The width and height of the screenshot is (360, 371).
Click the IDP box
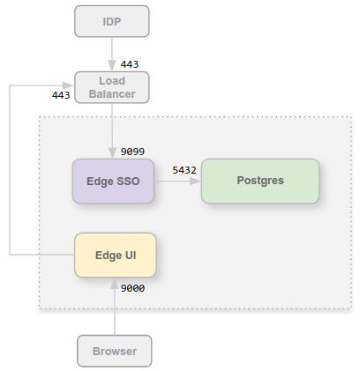112,21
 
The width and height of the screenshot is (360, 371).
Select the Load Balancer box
112,87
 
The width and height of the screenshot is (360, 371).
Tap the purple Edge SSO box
113,181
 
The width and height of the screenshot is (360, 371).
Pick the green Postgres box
260,181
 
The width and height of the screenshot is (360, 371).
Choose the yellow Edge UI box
116,255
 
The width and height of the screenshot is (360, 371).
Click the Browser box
115,351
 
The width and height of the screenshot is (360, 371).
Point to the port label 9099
132,152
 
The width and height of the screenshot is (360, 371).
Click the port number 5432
184,170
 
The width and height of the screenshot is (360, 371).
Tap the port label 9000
132,288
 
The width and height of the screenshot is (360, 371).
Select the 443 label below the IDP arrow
130,64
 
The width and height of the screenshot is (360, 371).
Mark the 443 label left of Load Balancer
61,95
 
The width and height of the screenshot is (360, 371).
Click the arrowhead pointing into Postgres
196,182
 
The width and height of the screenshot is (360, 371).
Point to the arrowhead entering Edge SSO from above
112,153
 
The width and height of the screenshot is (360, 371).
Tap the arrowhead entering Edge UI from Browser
115,283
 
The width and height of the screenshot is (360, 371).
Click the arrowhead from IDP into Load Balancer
112,66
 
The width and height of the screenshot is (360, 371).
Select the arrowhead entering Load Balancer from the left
69,85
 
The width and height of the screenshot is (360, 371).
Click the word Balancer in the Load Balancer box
112,94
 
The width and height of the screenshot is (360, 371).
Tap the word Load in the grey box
112,81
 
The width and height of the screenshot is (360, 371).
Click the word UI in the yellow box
131,256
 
